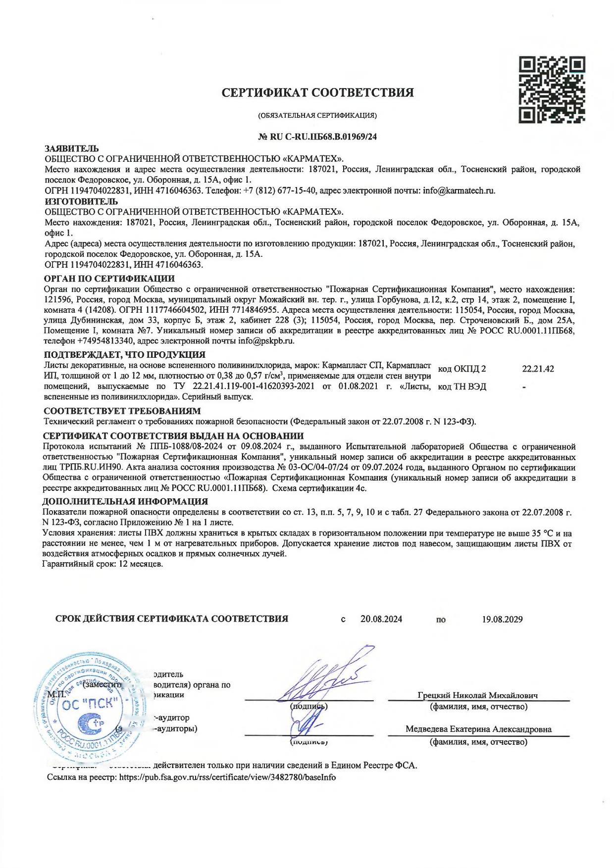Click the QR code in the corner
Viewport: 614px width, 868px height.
pyautogui.click(x=552, y=90)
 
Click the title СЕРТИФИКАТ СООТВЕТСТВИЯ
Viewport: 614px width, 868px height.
pyautogui.click(x=317, y=93)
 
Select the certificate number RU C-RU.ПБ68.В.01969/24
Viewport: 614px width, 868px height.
pyautogui.click(x=317, y=137)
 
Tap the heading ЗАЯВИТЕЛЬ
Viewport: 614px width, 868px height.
pyautogui.click(x=71, y=148)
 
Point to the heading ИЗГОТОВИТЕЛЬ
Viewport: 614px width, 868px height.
pyautogui.click(x=81, y=201)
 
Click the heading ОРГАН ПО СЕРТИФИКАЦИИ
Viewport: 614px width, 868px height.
pyautogui.click(x=109, y=279)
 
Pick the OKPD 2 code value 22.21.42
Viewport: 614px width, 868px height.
pyautogui.click(x=538, y=369)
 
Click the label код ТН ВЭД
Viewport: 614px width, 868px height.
pyautogui.click(x=462, y=386)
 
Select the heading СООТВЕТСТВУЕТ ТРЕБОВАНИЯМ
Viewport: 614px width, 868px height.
pyautogui.click(x=122, y=411)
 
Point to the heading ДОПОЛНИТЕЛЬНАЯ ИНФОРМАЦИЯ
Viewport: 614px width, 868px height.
pyautogui.click(x=126, y=501)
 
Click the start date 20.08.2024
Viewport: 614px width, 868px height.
pyautogui.click(x=381, y=619)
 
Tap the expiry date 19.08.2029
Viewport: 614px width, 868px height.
pyautogui.click(x=502, y=619)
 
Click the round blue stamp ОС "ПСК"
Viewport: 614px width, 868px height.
pyautogui.click(x=90, y=704)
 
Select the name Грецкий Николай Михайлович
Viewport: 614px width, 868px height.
pyautogui.click(x=478, y=695)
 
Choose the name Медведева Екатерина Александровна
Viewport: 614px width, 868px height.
pyautogui.click(x=478, y=729)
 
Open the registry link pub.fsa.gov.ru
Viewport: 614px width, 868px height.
pyautogui.click(x=227, y=777)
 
